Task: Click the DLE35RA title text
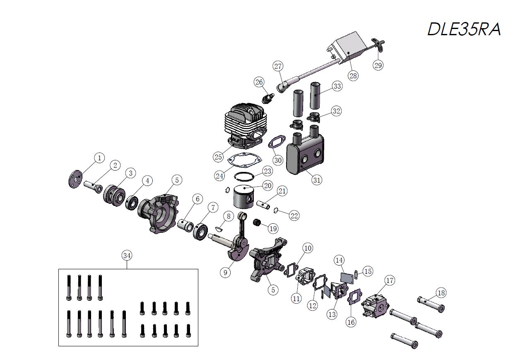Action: [464, 29]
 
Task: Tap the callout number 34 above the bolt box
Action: [127, 256]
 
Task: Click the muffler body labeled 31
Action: [305, 155]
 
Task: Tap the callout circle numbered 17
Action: [390, 280]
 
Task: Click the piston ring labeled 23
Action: [244, 176]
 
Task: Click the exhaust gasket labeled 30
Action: [277, 142]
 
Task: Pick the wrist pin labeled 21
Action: [263, 205]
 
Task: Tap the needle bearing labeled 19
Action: [258, 222]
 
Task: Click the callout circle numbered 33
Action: [337, 86]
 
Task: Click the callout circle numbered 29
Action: [378, 65]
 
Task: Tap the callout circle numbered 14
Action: [339, 260]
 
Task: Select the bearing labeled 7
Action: [201, 232]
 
